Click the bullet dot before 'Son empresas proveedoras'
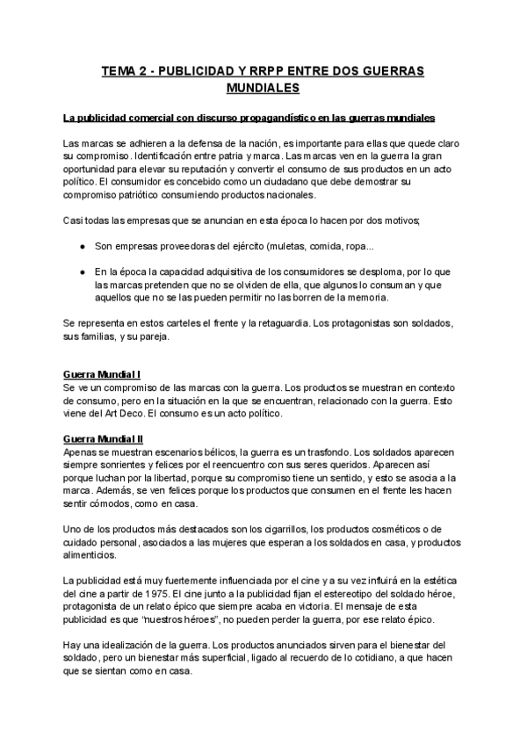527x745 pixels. (x=83, y=246)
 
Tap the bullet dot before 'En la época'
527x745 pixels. (x=83, y=273)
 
